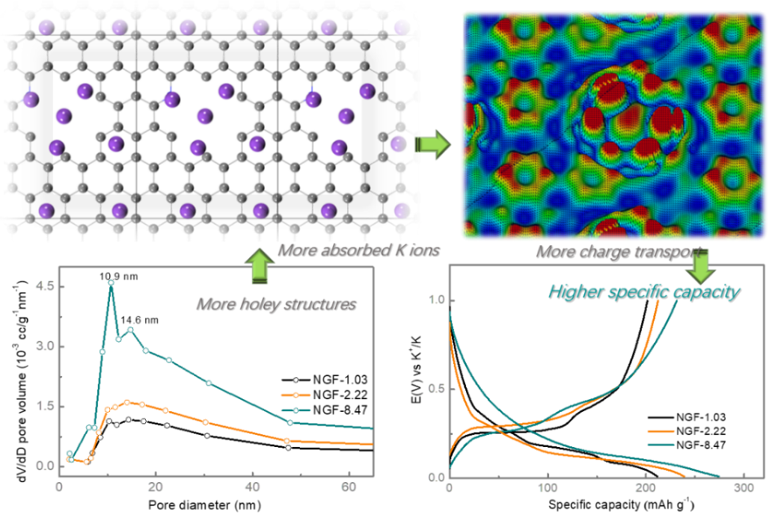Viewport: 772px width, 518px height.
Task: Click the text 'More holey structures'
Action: pyautogui.click(x=275, y=303)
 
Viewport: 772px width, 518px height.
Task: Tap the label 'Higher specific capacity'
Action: pyautogui.click(x=643, y=291)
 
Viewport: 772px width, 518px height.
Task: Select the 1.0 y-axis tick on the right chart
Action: pyautogui.click(x=436, y=300)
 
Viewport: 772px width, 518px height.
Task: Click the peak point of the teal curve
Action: pyautogui.click(x=111, y=283)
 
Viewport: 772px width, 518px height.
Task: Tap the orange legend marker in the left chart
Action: pyautogui.click(x=295, y=395)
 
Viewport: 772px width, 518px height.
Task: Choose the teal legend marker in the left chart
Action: pyautogui.click(x=295, y=410)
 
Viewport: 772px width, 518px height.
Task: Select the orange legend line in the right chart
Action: pyautogui.click(x=661, y=431)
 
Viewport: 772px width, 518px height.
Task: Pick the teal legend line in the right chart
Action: pyautogui.click(x=661, y=445)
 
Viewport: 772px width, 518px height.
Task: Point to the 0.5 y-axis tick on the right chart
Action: pyautogui.click(x=436, y=389)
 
